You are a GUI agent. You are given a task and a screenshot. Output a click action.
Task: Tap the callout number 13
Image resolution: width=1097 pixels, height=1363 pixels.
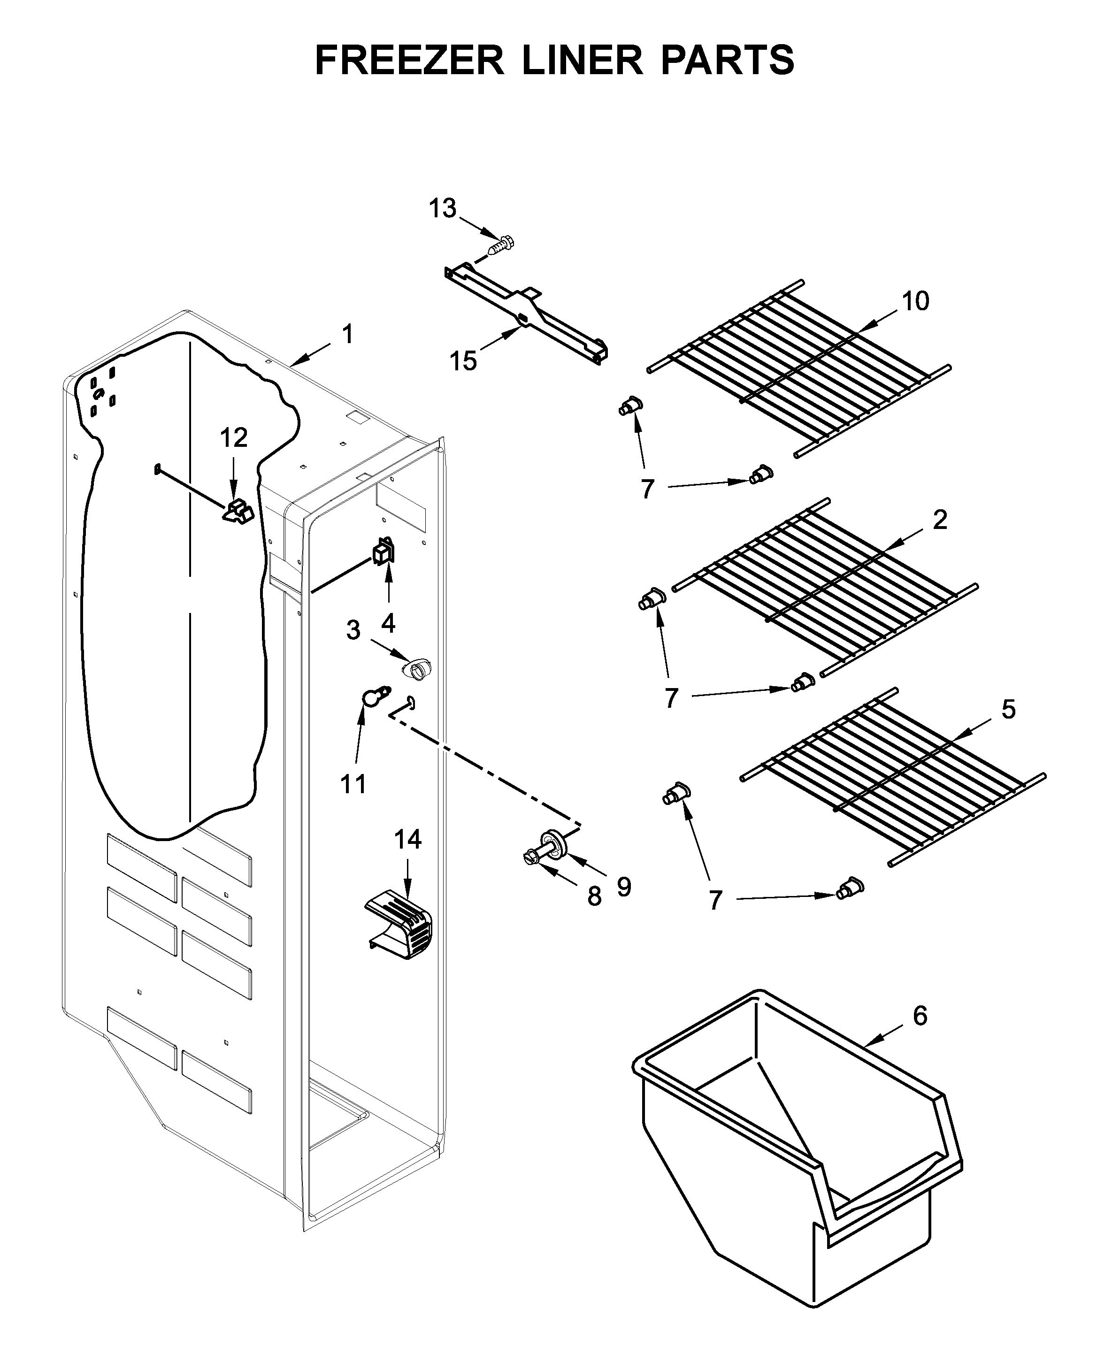tap(443, 208)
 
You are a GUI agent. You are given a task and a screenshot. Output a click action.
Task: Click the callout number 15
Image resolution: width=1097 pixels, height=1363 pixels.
tap(463, 361)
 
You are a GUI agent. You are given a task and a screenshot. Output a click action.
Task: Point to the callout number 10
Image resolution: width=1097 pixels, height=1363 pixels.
tap(915, 301)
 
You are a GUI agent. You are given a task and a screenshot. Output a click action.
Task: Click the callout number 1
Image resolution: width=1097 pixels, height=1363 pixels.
tap(347, 334)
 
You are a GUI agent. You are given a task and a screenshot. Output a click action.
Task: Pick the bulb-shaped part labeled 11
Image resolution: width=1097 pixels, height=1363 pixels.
tap(374, 696)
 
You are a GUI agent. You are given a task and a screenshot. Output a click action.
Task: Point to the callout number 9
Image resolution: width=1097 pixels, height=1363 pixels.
tap(623, 888)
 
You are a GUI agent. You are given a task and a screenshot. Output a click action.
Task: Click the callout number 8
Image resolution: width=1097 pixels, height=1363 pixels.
tap(594, 896)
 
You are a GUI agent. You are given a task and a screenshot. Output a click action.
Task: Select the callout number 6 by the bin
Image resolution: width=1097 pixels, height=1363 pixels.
tap(920, 1016)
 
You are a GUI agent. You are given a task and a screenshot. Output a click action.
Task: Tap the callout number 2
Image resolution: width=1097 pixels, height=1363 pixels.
tap(940, 520)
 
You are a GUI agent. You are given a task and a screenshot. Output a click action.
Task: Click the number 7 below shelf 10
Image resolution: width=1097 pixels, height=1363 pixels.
tap(647, 490)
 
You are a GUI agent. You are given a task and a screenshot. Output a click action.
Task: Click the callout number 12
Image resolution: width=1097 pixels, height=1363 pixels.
tap(233, 437)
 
